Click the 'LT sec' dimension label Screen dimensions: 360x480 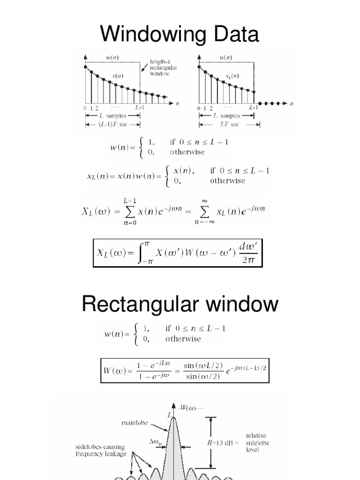coord(229,125)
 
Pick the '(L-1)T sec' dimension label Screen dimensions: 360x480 coord(113,125)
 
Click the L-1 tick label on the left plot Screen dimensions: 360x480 coord(140,108)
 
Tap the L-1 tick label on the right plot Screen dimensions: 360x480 coord(254,108)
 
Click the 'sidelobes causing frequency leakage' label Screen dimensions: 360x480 coord(101,450)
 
